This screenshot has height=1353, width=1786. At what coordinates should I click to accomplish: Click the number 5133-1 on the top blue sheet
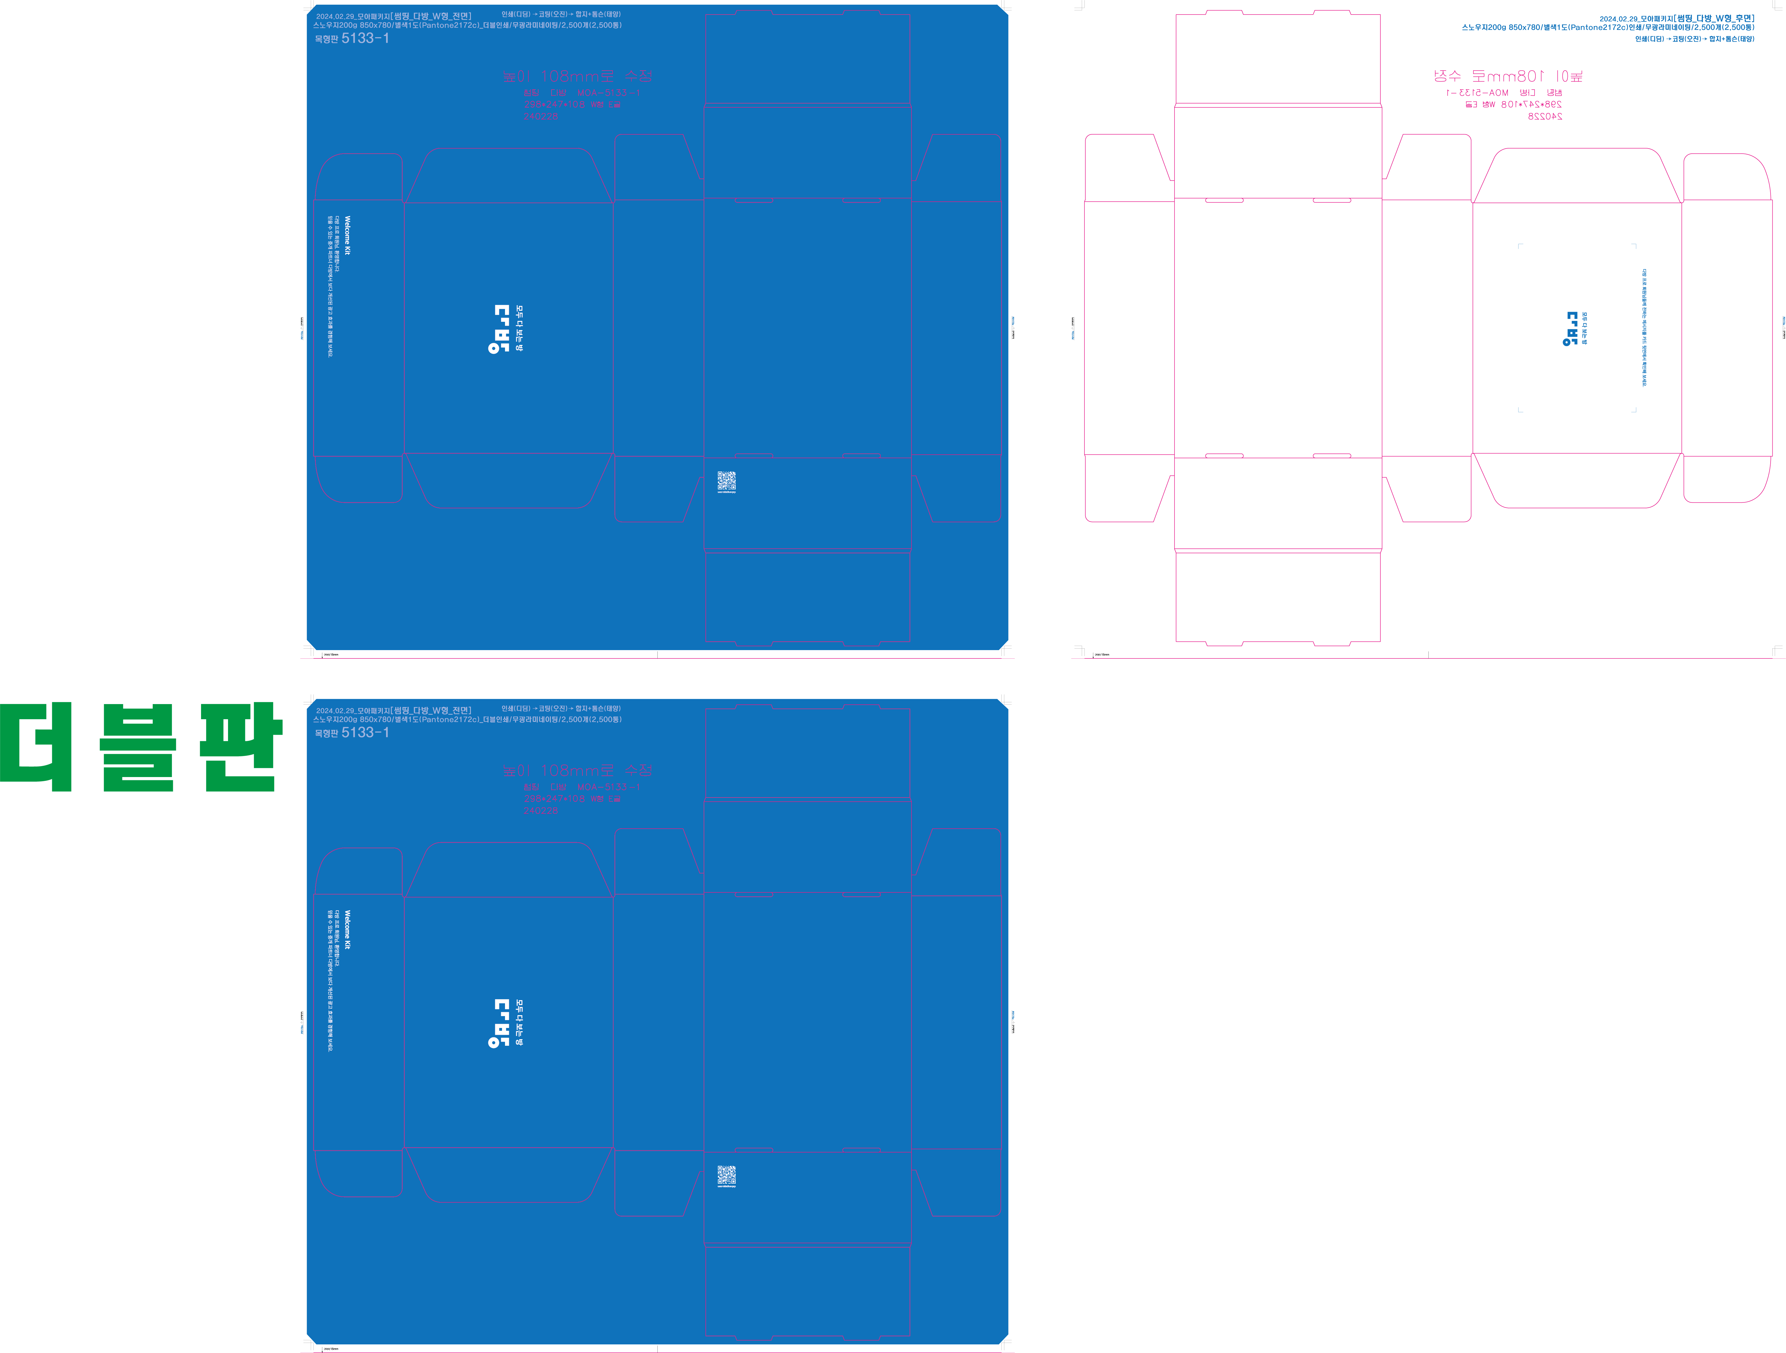(365, 38)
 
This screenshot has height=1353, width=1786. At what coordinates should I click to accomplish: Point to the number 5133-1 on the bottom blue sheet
(365, 733)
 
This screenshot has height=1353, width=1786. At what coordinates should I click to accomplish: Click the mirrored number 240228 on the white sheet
(1545, 116)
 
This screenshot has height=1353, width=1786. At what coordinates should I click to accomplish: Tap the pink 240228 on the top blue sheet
(540, 116)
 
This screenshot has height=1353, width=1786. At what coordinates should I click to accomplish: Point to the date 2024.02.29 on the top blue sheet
(335, 16)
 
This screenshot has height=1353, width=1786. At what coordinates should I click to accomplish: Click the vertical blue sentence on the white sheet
(1644, 328)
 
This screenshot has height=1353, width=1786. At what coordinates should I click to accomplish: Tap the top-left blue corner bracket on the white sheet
(1520, 246)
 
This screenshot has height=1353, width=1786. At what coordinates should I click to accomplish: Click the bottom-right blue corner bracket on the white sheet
(1634, 410)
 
